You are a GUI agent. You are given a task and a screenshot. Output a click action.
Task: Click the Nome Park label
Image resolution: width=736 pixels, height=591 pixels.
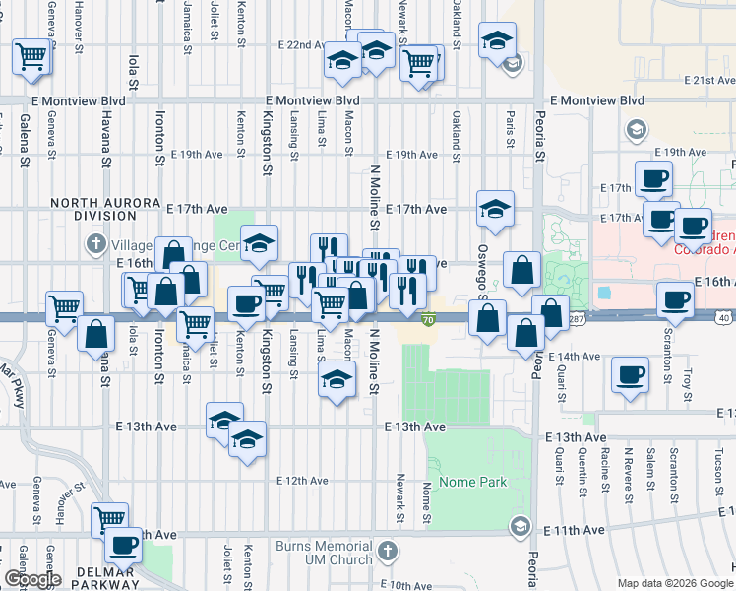[473, 482]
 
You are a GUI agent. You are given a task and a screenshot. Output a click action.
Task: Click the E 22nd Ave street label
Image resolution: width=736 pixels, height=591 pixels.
[302, 45]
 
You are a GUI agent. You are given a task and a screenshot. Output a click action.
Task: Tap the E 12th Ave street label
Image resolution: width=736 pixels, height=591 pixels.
[303, 481]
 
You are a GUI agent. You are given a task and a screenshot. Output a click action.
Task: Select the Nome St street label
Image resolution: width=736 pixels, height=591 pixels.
[427, 503]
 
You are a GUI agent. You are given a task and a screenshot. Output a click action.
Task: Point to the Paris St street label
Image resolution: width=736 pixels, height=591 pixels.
[511, 130]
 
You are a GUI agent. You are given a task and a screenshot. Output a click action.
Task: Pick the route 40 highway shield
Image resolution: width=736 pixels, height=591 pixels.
[723, 317]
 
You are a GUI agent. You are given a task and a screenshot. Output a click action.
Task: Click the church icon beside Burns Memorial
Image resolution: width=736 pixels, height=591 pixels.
[389, 549]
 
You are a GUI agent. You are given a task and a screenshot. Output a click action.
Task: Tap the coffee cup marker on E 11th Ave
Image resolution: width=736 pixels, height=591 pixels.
[125, 545]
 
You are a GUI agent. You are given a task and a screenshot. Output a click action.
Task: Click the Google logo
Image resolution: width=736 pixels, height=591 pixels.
[32, 579]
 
